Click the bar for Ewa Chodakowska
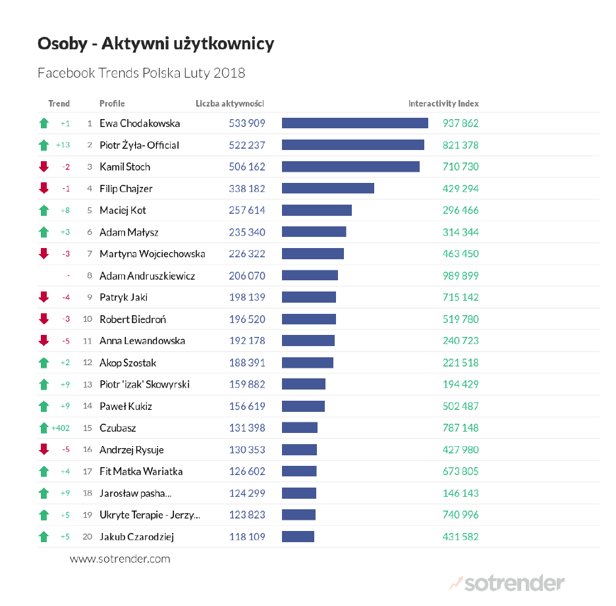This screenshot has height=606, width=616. (x=354, y=123)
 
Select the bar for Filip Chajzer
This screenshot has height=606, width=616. (x=327, y=188)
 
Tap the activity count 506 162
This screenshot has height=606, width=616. (x=247, y=166)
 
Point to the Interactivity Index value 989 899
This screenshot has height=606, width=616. (x=461, y=276)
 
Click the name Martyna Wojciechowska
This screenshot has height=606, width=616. (x=152, y=254)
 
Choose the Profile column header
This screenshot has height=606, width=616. (x=112, y=103)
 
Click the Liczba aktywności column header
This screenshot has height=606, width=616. (x=230, y=103)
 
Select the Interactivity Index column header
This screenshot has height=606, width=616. (x=443, y=103)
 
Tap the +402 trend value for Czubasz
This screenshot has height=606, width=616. (x=61, y=428)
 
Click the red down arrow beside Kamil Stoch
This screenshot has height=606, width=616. (x=44, y=166)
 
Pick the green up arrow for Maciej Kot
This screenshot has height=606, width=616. (x=44, y=211)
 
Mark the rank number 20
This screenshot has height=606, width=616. (x=87, y=537)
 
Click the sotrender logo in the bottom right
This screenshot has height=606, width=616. (x=507, y=583)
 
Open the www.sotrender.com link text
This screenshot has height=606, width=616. (x=120, y=559)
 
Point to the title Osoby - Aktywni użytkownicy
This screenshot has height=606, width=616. (x=155, y=44)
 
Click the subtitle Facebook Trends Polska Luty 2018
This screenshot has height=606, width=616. (x=141, y=73)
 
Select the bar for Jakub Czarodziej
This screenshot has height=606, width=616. (x=298, y=537)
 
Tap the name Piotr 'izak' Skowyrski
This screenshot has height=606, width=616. (x=144, y=384)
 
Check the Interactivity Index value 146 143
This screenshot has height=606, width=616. (x=461, y=493)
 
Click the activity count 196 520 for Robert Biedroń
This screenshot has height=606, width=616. (x=247, y=319)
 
